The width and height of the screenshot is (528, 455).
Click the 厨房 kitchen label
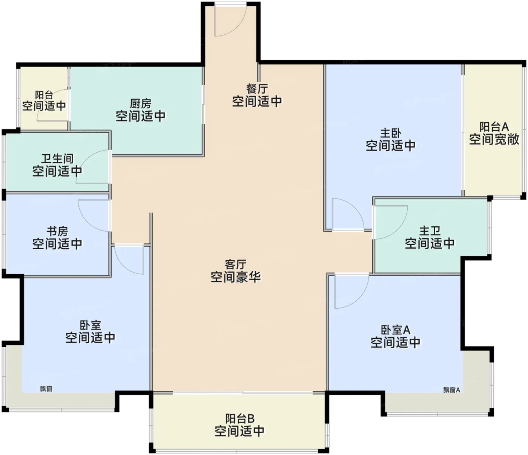(141, 104)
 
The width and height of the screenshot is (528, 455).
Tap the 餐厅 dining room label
(257, 89)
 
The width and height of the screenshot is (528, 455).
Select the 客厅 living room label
(235, 265)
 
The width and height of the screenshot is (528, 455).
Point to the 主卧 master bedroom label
(391, 133)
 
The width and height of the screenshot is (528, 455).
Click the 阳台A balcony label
(494, 127)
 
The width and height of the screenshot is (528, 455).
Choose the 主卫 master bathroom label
(430, 231)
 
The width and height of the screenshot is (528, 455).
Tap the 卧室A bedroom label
(395, 330)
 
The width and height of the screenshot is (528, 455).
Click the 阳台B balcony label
(239, 419)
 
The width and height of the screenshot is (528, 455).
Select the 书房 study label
(57, 231)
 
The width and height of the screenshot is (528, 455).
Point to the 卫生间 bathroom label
(57, 159)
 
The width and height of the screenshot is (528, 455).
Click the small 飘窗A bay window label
(451, 390)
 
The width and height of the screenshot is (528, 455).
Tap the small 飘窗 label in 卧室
(46, 389)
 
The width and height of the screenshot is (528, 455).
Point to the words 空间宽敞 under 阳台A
(494, 140)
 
